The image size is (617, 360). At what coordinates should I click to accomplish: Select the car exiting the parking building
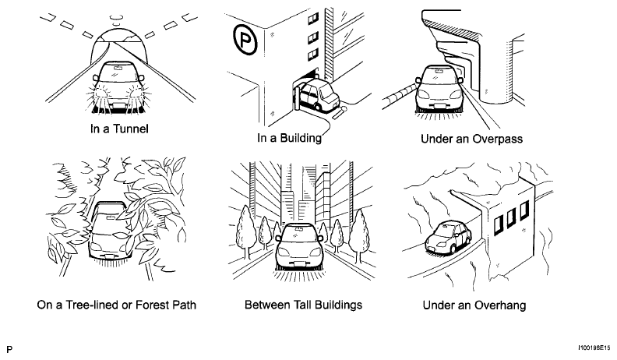pos(318,94)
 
